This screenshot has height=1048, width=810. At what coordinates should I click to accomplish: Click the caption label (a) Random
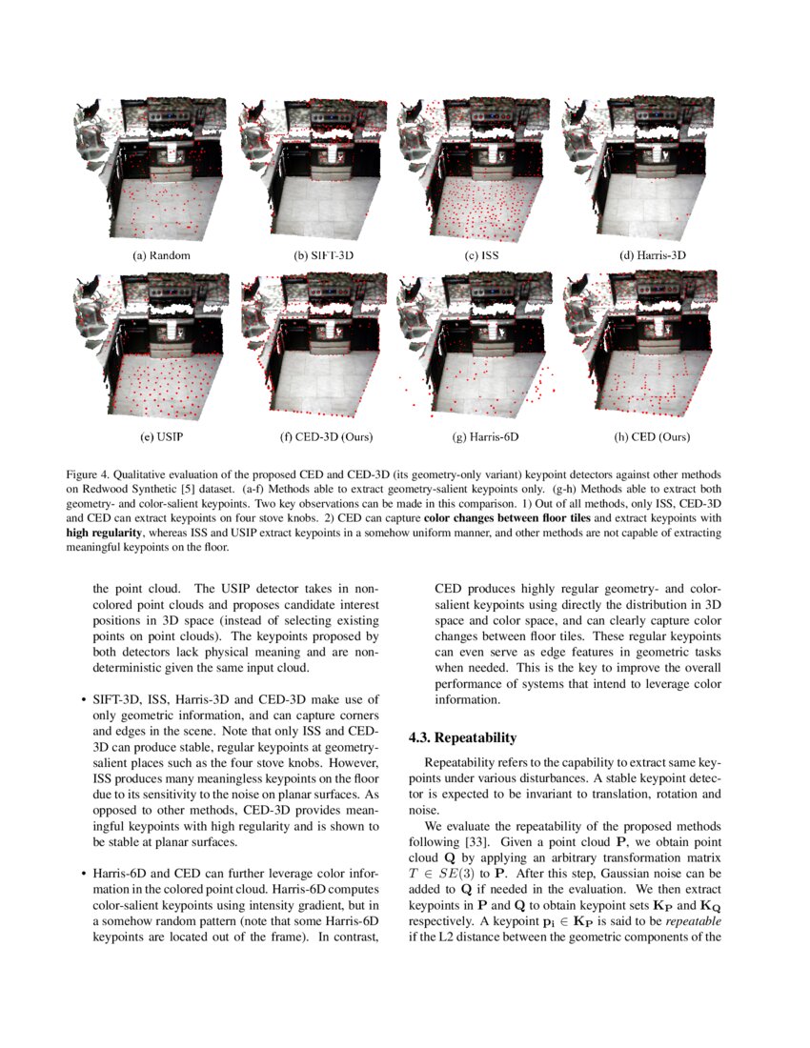pos(161,255)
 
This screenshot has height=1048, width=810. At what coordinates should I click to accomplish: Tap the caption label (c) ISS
pos(481,255)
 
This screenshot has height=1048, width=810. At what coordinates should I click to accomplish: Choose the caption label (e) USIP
pos(161,436)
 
